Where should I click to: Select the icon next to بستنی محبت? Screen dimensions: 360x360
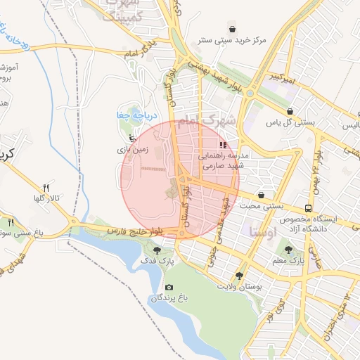click(x=262, y=195)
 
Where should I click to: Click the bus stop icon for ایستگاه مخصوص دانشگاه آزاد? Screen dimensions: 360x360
click(x=308, y=209)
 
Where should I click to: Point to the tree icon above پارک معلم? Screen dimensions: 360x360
click(x=286, y=248)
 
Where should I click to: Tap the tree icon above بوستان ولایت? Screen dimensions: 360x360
click(x=240, y=276)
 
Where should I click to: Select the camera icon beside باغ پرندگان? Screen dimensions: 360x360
click(x=169, y=287)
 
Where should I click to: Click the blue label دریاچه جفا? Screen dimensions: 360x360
click(x=132, y=115)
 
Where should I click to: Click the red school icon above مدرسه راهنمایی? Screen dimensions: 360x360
click(x=224, y=144)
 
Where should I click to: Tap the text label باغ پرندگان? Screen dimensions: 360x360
click(x=169, y=299)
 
